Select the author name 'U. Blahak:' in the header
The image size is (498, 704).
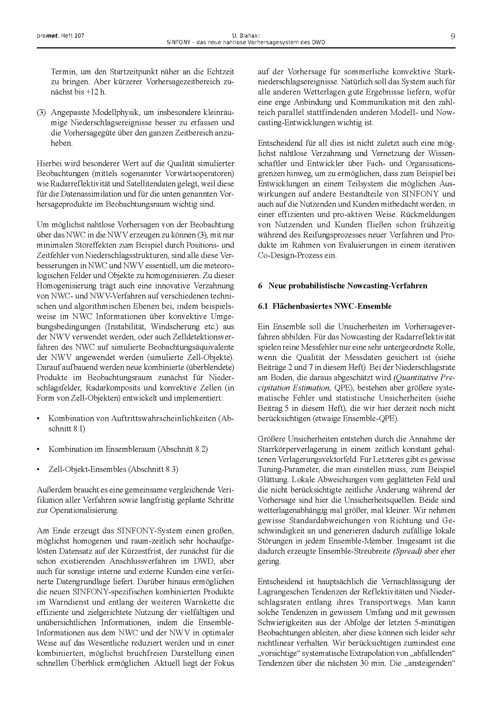click(246, 36)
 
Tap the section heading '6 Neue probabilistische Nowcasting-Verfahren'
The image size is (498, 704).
click(343, 286)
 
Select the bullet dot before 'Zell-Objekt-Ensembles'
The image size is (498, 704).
click(38, 469)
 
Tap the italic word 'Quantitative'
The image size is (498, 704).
click(415, 377)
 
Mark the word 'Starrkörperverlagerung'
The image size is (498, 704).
click(294, 449)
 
